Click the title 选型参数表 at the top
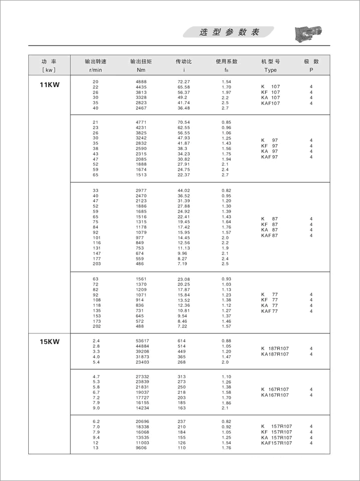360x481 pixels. pos(229,32)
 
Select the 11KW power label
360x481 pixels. pos(49,85)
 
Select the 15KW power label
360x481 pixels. pos(49,341)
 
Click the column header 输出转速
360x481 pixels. pos(96,61)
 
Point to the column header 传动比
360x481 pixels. pos(184,61)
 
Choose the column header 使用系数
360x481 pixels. pos(227,61)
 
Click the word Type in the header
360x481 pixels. pos(270,70)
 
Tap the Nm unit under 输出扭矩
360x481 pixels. pos(140,70)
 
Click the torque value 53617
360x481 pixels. pos(142,341)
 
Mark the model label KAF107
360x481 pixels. pos(270,103)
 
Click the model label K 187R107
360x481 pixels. pos(275,349)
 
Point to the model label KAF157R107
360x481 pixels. pos(276,443)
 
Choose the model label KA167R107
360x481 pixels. pos(275,395)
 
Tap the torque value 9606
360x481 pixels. pos(141,448)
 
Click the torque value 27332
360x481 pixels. pos(142,377)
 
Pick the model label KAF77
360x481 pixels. pos(269,311)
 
